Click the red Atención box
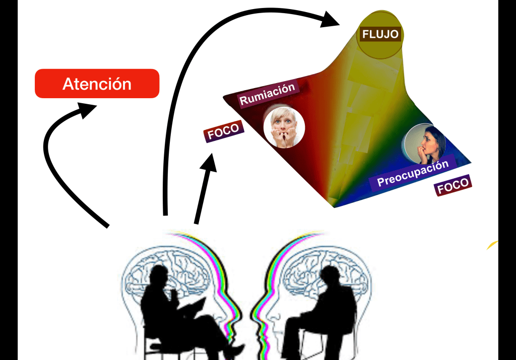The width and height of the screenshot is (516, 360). (x=97, y=84)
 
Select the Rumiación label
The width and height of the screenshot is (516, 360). (x=267, y=94)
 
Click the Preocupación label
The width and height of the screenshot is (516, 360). (x=413, y=174)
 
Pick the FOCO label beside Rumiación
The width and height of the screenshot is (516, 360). (x=223, y=131)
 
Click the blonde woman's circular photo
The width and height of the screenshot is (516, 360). (x=284, y=127)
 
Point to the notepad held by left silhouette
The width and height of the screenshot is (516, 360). (x=194, y=307)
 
